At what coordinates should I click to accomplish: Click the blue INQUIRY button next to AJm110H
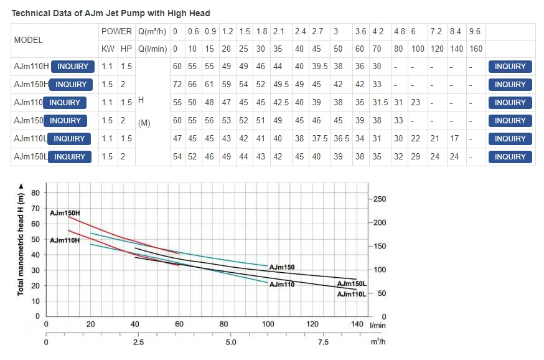tap(73, 67)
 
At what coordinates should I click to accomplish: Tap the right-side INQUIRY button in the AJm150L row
tap(510, 157)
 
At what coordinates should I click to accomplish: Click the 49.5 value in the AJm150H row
tap(281, 85)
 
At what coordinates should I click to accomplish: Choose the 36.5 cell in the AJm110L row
tap(340, 139)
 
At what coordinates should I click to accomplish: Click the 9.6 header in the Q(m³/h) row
tap(475, 31)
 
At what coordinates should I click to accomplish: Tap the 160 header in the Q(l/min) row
tap(476, 49)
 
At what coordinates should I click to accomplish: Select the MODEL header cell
tap(28, 40)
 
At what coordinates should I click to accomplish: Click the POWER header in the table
tap(116, 31)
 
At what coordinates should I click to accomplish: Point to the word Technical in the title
tap(32, 13)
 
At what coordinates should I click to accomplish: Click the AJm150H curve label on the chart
tap(65, 213)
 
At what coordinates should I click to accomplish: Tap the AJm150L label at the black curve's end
tap(352, 284)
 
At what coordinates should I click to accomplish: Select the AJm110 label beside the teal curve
tap(282, 284)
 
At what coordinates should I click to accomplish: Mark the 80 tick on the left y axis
tap(35, 192)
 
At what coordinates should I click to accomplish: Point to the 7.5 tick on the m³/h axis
tap(323, 342)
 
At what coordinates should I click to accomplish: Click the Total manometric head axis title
tap(21, 244)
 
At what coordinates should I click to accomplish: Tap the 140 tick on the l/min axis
tap(357, 324)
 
